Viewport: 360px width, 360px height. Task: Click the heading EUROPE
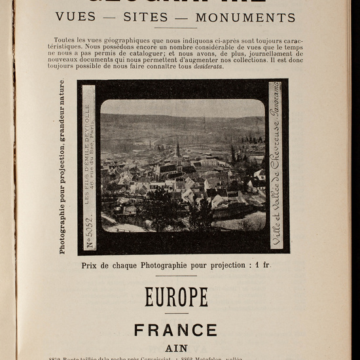[176, 297]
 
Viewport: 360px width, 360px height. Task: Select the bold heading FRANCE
[175, 330]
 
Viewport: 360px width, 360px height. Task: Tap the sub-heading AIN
[175, 348]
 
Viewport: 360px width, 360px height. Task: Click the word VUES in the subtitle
[76, 17]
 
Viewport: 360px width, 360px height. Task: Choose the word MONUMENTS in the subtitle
[245, 17]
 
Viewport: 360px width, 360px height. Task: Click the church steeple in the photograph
[177, 149]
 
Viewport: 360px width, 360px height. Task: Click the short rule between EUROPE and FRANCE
[176, 314]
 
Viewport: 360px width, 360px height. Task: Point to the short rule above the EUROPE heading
[176, 276]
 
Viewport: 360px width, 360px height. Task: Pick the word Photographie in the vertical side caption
[63, 223]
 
